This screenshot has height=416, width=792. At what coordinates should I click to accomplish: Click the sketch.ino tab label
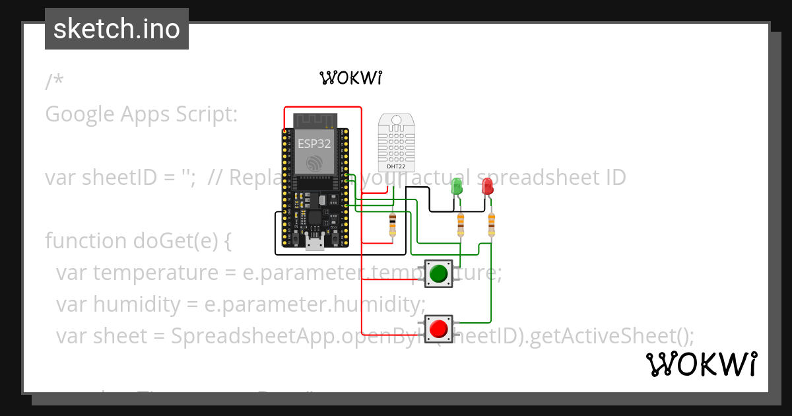(117, 29)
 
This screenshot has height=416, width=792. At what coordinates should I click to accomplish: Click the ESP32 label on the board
(314, 144)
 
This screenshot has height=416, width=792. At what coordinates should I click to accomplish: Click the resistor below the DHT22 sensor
(393, 225)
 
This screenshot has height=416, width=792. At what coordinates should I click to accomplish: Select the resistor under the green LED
(461, 225)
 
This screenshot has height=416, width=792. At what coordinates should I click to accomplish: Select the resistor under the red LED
(491, 225)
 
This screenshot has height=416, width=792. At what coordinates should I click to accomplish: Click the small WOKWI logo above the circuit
(351, 79)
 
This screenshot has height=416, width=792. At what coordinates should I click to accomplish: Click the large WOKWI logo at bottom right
(701, 364)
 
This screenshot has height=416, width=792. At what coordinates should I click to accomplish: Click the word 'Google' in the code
(80, 114)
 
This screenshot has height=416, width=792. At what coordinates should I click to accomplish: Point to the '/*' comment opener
(55, 82)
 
